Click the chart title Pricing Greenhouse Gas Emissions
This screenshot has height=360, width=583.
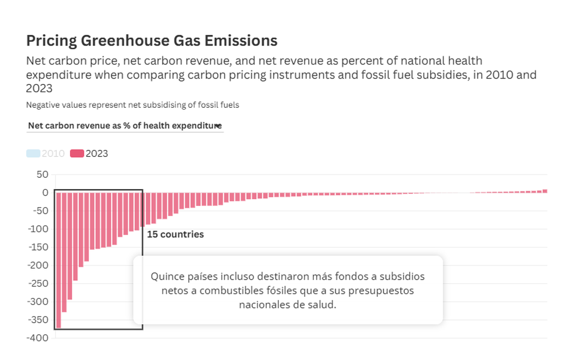coord(152,41)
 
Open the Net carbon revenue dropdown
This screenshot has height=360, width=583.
coord(125,126)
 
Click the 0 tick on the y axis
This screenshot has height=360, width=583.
coord(45,193)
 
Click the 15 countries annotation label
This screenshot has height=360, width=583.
coord(175,235)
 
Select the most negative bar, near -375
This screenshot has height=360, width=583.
coord(58,260)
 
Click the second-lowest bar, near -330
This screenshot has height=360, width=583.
coord(64,252)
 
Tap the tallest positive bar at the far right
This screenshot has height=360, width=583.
coord(545,191)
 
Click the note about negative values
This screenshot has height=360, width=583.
coord(133,104)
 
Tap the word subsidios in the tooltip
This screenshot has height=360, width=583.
coord(402,276)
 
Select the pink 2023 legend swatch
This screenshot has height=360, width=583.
coord(77,154)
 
